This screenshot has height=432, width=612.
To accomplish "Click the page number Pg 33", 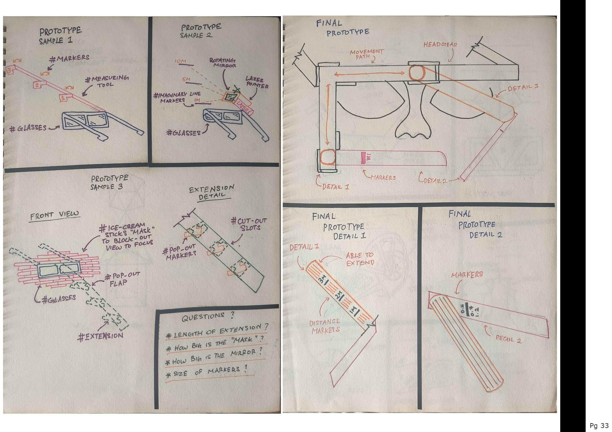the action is [x=599, y=425].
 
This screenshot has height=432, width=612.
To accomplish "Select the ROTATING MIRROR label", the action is [x=222, y=63].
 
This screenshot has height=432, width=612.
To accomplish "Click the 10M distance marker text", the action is [x=181, y=61].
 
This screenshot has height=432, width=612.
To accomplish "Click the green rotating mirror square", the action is [x=229, y=97].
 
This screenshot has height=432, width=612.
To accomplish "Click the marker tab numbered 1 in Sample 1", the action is [x=63, y=98].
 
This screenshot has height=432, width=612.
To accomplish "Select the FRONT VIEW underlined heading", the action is [x=54, y=215].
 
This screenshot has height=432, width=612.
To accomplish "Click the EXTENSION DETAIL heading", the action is [x=212, y=192].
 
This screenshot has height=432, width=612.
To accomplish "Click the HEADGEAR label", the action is [x=440, y=45].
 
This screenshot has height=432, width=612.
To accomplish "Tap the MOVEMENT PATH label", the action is [x=366, y=54].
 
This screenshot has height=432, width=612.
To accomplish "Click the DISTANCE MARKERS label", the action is [x=325, y=326].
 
